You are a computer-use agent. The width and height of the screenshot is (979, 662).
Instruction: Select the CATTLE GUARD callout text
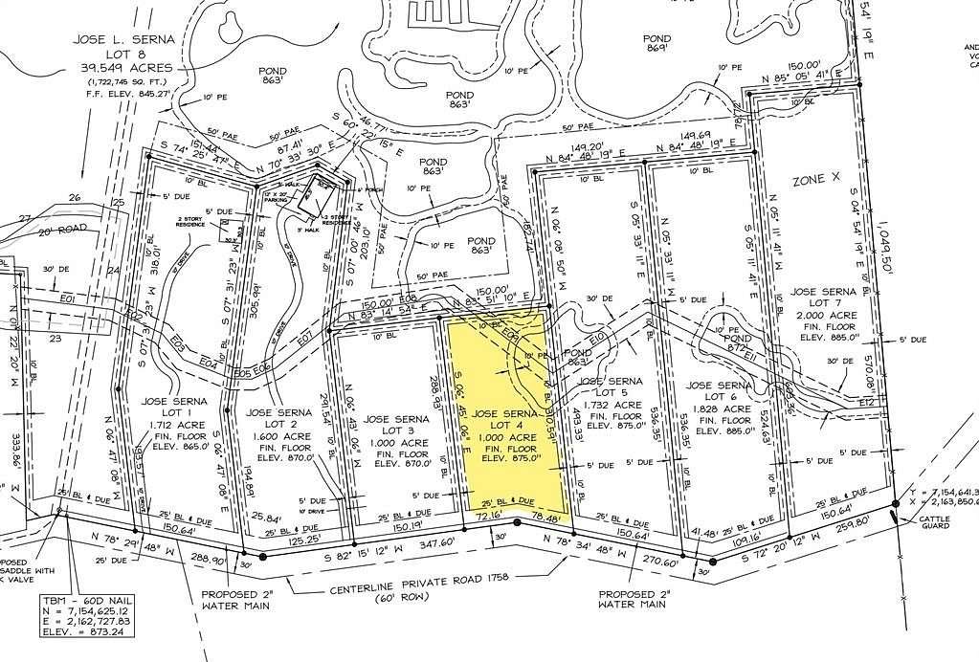(x=935, y=520)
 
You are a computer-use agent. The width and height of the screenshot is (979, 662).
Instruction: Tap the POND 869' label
(x=656, y=43)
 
